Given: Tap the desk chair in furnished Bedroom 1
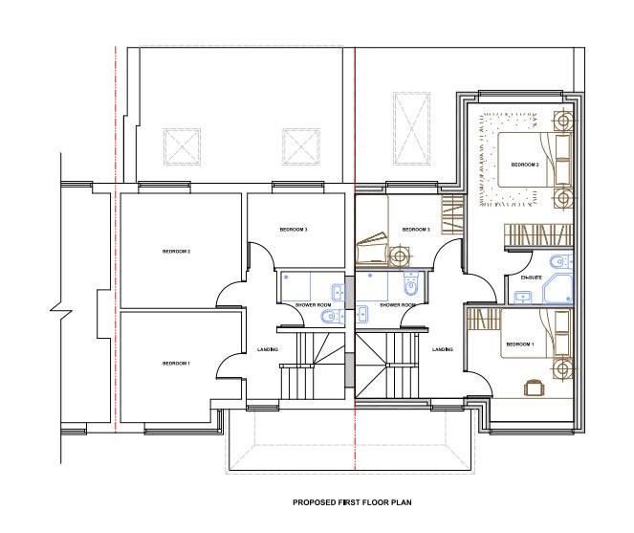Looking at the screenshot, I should pyautogui.click(x=535, y=386).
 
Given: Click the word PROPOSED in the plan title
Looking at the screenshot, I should pyautogui.click(x=314, y=501).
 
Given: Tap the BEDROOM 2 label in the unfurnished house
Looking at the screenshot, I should pyautogui.click(x=177, y=252).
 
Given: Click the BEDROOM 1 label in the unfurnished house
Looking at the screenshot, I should pyautogui.click(x=176, y=364).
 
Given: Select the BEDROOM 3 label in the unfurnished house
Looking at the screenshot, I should pyautogui.click(x=294, y=230).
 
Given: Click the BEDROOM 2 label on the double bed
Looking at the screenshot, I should pyautogui.click(x=525, y=166).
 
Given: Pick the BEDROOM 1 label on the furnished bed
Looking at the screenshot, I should pyautogui.click(x=519, y=344).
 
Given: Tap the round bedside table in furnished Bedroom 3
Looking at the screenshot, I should pyautogui.click(x=398, y=254).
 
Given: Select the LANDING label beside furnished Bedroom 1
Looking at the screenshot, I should pyautogui.click(x=442, y=349).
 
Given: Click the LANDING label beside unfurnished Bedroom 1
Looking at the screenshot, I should pyautogui.click(x=268, y=349).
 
